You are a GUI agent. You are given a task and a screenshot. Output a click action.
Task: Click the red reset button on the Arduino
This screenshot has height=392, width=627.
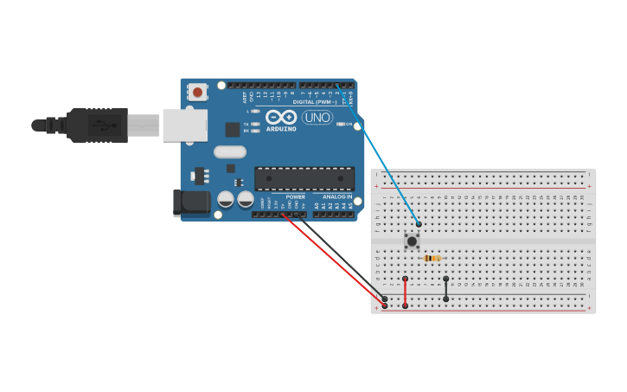[x=198, y=92]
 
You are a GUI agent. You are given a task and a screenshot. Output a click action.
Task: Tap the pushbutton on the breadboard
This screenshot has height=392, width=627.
[x=412, y=241]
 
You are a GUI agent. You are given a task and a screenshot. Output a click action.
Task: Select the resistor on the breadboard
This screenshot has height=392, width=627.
[x=432, y=258]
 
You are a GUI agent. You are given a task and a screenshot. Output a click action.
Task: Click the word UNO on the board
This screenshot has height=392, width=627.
[x=317, y=118]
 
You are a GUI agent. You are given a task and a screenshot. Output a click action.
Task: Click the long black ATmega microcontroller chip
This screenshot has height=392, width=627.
[x=304, y=178]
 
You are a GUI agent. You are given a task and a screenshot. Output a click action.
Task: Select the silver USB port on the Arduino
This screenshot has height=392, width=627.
[x=184, y=125]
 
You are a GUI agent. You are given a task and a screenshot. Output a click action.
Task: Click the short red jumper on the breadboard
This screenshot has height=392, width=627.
[x=405, y=292]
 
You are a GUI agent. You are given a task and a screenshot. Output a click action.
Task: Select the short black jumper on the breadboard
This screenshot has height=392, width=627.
[x=445, y=289]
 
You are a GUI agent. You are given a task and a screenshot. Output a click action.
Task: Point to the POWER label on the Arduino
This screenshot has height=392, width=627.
[x=295, y=197]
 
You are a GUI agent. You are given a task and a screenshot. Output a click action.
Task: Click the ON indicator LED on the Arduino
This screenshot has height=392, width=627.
[x=339, y=124]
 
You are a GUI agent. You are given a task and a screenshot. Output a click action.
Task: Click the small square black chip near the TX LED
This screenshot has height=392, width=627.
[x=233, y=130]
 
